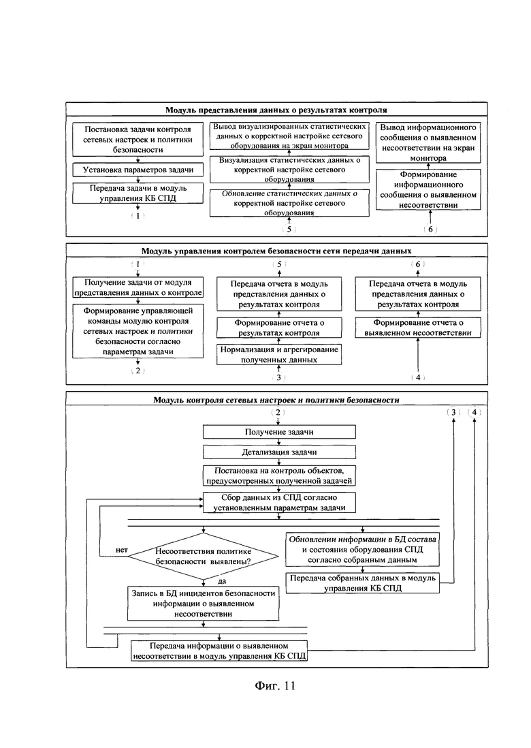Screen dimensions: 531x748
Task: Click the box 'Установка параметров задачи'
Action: (x=138, y=170)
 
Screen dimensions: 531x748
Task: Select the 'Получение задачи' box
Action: (x=279, y=432)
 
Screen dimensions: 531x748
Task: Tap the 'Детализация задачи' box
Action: (x=279, y=452)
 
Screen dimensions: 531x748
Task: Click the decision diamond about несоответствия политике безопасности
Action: (x=204, y=556)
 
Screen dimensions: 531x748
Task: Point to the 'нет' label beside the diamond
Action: (x=122, y=550)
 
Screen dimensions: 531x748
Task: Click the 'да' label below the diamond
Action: (x=222, y=581)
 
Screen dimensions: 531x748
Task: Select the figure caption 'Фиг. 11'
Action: (x=275, y=686)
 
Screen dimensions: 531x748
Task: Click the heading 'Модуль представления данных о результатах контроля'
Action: (x=276, y=110)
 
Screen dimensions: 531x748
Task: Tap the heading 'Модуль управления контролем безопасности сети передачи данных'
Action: (x=276, y=251)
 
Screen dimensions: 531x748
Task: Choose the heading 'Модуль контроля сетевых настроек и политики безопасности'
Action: (x=276, y=400)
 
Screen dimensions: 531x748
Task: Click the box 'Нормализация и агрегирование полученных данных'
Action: (x=279, y=354)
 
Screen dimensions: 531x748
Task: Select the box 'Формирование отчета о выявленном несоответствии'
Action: (x=418, y=328)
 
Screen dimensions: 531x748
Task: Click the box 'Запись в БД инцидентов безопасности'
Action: (x=204, y=604)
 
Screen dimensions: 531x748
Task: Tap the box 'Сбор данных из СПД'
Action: (x=279, y=502)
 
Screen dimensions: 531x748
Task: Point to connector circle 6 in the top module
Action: (x=430, y=229)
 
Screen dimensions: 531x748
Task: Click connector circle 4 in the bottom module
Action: (x=474, y=412)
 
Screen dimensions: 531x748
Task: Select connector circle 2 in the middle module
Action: (x=138, y=371)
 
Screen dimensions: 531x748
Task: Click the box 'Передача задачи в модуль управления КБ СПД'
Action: (x=138, y=193)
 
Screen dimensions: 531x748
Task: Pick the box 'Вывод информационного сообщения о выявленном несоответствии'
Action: (x=428, y=142)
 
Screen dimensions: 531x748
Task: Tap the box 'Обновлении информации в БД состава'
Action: (x=363, y=550)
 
